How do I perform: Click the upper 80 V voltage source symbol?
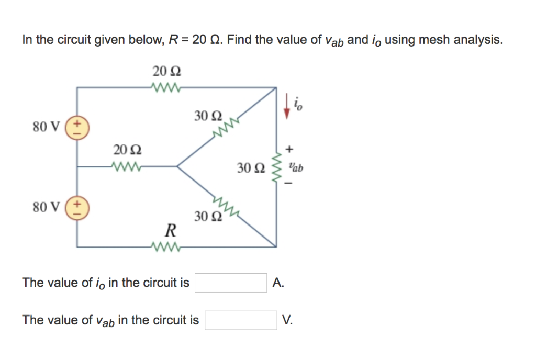pos(78,127)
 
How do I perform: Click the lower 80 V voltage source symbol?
pos(78,207)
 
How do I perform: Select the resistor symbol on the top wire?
pos(166,87)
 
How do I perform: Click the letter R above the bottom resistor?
pos(170,230)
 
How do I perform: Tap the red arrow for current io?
pos(286,107)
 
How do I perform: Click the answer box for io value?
pos(231,283)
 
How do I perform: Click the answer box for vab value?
pos(241,320)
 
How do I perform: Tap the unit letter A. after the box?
pos(278,283)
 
